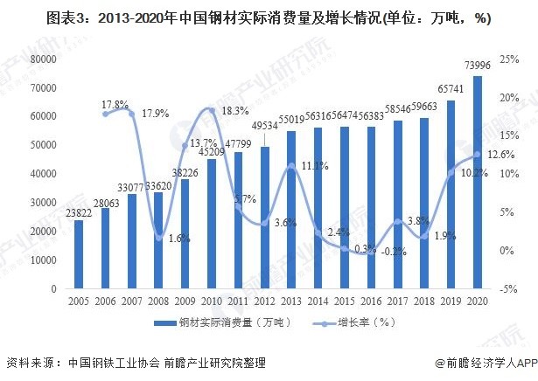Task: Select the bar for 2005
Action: click(79, 254)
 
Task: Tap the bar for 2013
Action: click(291, 210)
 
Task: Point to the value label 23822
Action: click(80, 212)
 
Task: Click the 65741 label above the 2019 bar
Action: click(451, 92)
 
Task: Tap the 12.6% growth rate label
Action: click(499, 155)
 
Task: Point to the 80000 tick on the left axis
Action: click(43, 59)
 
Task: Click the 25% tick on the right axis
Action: click(505, 59)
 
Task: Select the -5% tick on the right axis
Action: click(506, 288)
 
